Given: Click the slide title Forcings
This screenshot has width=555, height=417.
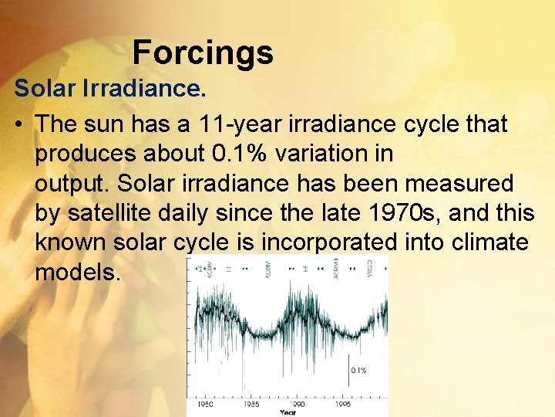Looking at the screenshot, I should coord(203,53).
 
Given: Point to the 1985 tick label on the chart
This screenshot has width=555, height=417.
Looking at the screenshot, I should coord(251,404).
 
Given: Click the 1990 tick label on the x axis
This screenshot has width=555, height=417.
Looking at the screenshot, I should coord(298,404).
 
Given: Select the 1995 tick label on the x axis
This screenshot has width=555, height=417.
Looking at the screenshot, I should coord(343,404).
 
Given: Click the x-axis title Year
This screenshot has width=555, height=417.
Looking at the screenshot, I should coord(288,412).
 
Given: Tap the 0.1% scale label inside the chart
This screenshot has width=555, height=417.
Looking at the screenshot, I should coord(359,371).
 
